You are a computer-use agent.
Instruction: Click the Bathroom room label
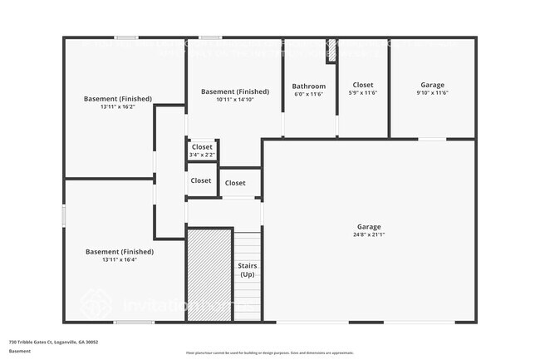coord(308,86)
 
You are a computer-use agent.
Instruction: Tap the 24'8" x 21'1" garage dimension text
coord(369,234)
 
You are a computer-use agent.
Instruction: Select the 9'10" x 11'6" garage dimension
coord(432,93)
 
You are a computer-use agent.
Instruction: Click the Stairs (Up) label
coord(247,269)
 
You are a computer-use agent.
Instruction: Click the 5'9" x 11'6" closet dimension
coord(362,93)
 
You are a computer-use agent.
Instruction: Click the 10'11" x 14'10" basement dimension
coord(235,100)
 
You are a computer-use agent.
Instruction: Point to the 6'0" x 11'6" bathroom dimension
coord(308,94)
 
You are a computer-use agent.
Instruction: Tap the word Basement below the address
coord(20,351)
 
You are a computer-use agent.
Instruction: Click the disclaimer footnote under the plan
coord(269,353)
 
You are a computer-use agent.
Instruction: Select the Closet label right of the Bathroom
coord(362,85)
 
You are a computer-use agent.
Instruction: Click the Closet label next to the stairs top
coord(235,183)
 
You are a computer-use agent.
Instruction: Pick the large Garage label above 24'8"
coord(369,226)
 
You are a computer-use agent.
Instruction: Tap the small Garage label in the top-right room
coord(432,85)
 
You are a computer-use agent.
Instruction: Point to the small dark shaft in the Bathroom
coord(331,51)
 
